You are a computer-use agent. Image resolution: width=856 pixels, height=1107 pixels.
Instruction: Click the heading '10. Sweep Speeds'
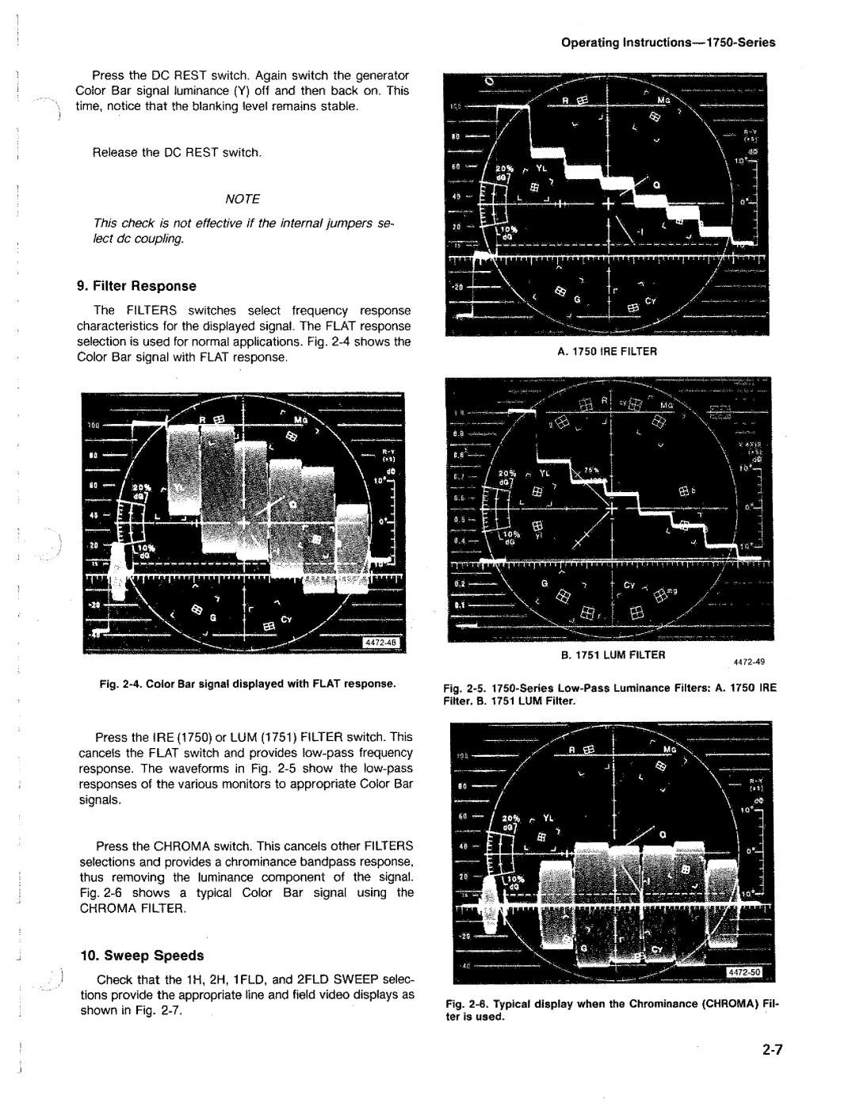click(x=140, y=956)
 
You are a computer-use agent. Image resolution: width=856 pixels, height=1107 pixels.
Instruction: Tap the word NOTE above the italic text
click(x=243, y=198)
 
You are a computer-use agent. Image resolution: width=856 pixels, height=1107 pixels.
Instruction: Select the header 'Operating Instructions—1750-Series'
click(x=668, y=43)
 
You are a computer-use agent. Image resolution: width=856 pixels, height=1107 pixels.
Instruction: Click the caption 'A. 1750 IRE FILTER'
click(x=608, y=350)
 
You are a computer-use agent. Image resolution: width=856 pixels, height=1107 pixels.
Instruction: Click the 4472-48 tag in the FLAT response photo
click(x=383, y=642)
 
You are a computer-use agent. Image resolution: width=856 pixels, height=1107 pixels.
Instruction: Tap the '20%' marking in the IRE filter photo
click(x=504, y=170)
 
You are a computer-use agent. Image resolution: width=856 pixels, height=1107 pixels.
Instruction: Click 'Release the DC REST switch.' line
click(x=177, y=152)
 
